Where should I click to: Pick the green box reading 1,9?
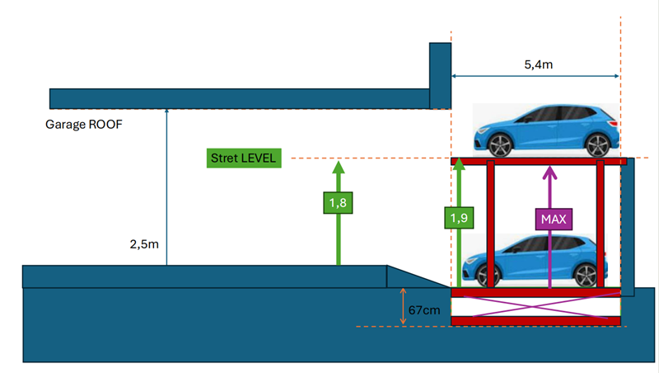pos(460,218)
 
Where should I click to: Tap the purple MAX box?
pos(550,220)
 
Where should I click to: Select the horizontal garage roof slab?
pos(239,98)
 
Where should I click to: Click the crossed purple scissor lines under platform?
pos(535,306)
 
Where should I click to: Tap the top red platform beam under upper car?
pos(540,162)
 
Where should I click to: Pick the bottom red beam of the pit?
pos(535,320)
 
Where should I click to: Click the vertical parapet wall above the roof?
pos(440,74)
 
